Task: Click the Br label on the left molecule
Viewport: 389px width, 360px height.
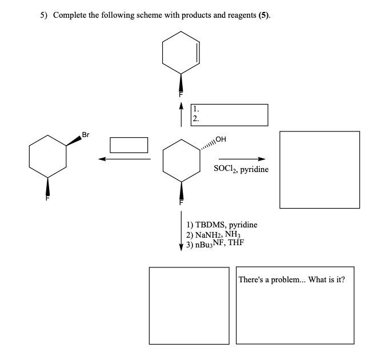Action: [86, 135]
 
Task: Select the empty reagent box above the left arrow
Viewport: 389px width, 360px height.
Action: [129, 145]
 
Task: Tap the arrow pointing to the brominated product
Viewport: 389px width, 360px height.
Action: [124, 159]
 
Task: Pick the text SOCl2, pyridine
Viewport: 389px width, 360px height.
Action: [241, 169]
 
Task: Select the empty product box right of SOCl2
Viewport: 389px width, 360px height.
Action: [319, 170]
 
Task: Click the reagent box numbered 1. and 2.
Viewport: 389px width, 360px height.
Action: [229, 114]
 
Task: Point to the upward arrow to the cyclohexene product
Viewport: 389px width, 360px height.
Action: [182, 114]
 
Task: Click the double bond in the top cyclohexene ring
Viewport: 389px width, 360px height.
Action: [198, 53]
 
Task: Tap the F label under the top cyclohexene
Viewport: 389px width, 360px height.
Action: [181, 94]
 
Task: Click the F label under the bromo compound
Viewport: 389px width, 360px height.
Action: [49, 199]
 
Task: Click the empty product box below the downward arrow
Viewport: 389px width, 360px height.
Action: [189, 305]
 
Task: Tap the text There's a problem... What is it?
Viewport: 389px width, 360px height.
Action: [291, 280]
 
